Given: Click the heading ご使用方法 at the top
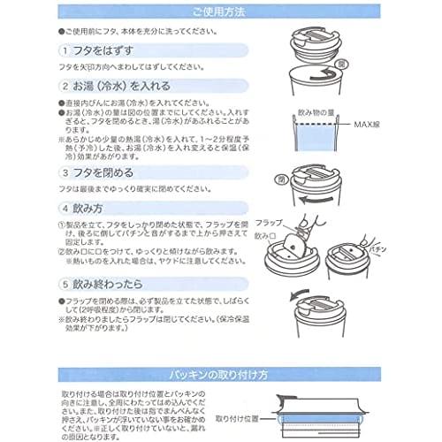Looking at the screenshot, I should (221, 11).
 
